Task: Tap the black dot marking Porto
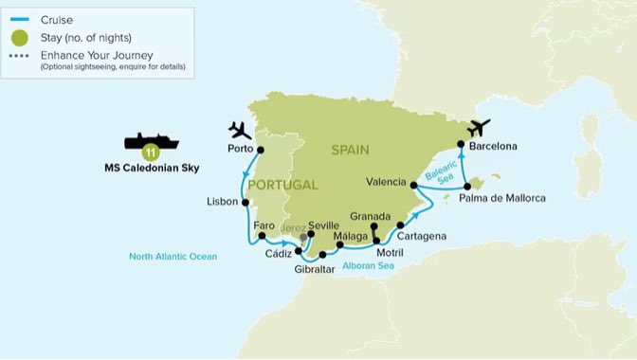click(x=261, y=150)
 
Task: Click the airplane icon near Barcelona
click(x=480, y=127)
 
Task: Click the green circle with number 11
click(x=150, y=152)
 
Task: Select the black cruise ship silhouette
click(x=152, y=141)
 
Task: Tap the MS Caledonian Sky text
click(x=151, y=171)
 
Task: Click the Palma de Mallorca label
click(x=502, y=198)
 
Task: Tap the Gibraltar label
click(x=314, y=270)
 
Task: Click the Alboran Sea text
click(x=370, y=268)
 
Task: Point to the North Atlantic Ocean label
click(x=173, y=257)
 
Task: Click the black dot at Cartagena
click(x=401, y=225)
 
